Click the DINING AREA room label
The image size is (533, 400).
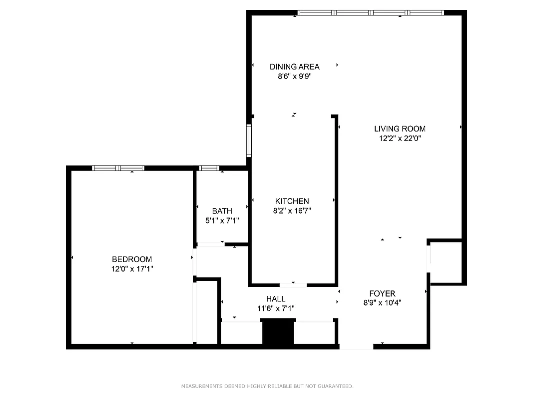tap(294, 66)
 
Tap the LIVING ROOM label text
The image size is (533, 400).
tap(400, 128)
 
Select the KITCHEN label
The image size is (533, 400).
tap(292, 201)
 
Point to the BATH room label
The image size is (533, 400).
tap(222, 211)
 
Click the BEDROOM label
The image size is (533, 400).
tap(132, 259)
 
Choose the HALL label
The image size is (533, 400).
tap(276, 299)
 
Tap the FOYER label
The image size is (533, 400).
tap(382, 293)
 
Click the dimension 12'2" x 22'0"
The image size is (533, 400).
tap(400, 138)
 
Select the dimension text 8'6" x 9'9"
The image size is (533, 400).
tap(294, 76)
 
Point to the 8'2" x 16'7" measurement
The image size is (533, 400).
tap(292, 211)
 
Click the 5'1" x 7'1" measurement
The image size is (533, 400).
tap(222, 220)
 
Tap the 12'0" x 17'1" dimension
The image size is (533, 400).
tap(132, 268)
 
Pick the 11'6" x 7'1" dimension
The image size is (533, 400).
tap(276, 308)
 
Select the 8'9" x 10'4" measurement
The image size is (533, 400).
tap(382, 302)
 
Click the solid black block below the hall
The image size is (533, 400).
tap(278, 333)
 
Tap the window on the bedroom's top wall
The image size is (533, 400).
tap(118, 168)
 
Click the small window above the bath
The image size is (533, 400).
tap(209, 168)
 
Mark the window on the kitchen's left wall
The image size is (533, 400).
tap(249, 141)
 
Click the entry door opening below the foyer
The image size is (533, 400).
tap(356, 346)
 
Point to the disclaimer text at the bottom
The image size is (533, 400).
tap(267, 386)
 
